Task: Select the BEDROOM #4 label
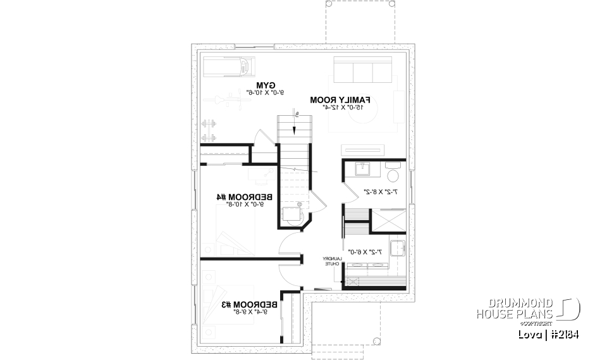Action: pos(240,197)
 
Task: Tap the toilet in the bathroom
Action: pos(393,175)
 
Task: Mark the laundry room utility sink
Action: pos(397,249)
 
